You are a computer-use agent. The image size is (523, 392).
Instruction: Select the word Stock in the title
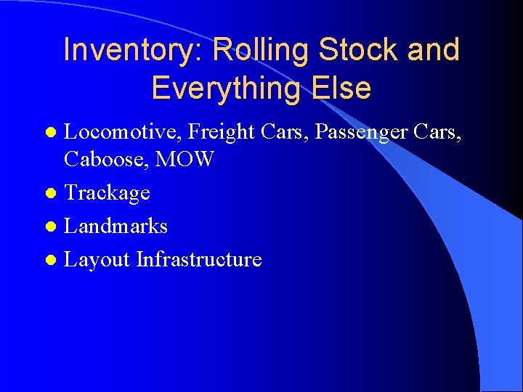[358, 50]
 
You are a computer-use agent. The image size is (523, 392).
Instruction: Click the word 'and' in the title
[434, 50]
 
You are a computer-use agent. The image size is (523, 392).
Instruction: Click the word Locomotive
[123, 132]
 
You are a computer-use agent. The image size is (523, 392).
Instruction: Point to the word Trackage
[107, 193]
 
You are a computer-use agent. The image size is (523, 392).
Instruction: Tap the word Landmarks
[115, 226]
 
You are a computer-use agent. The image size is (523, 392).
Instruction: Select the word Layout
[97, 259]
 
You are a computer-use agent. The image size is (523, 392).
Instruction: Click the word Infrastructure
[199, 259]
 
